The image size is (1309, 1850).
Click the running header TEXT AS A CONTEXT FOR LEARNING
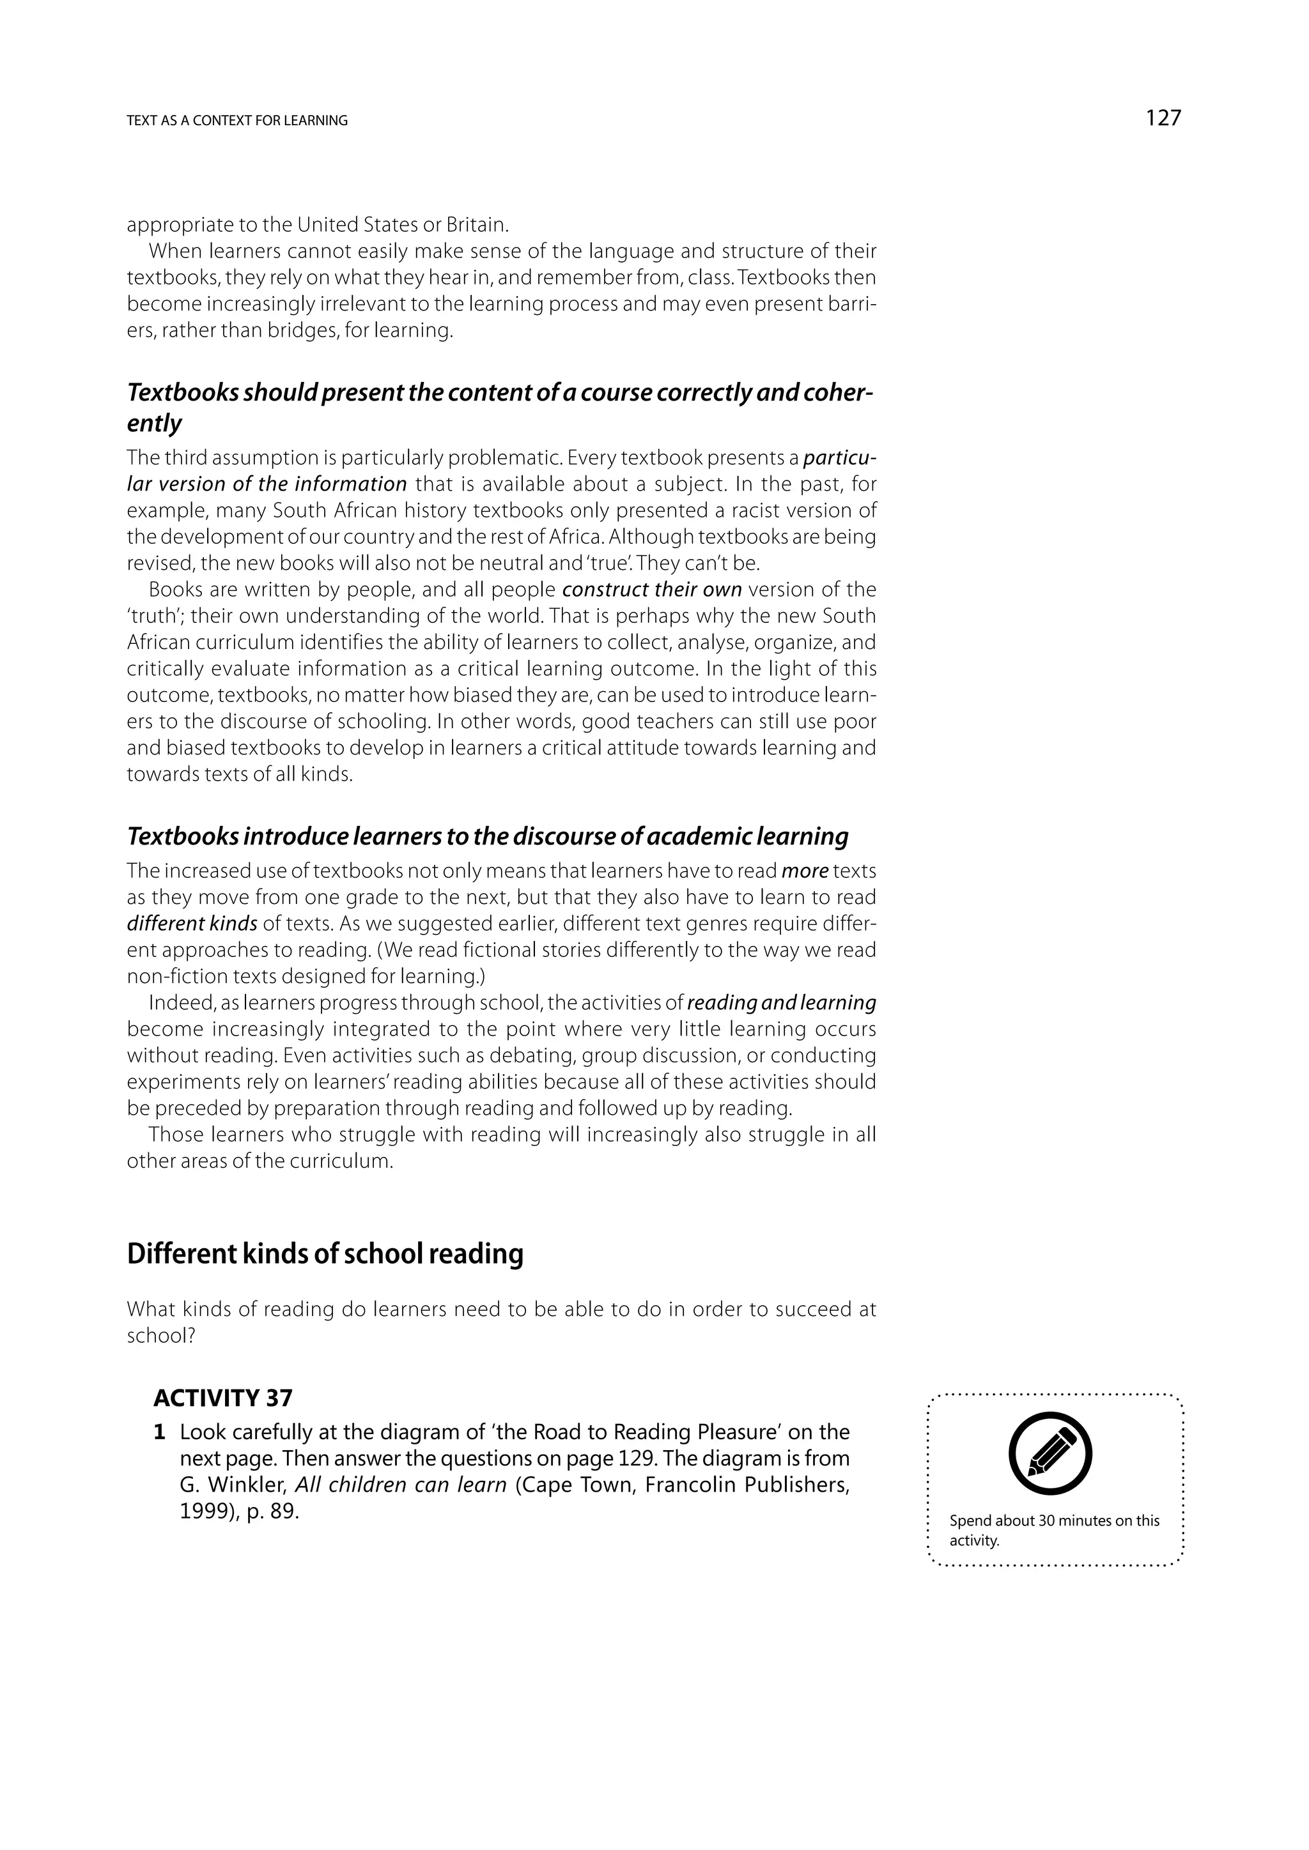[x=237, y=121]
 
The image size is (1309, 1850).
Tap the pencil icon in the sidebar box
[x=1050, y=1455]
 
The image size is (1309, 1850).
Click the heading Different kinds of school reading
[x=325, y=1254]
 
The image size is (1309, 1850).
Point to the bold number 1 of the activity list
[x=160, y=1433]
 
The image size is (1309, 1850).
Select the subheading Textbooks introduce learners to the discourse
[x=487, y=836]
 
